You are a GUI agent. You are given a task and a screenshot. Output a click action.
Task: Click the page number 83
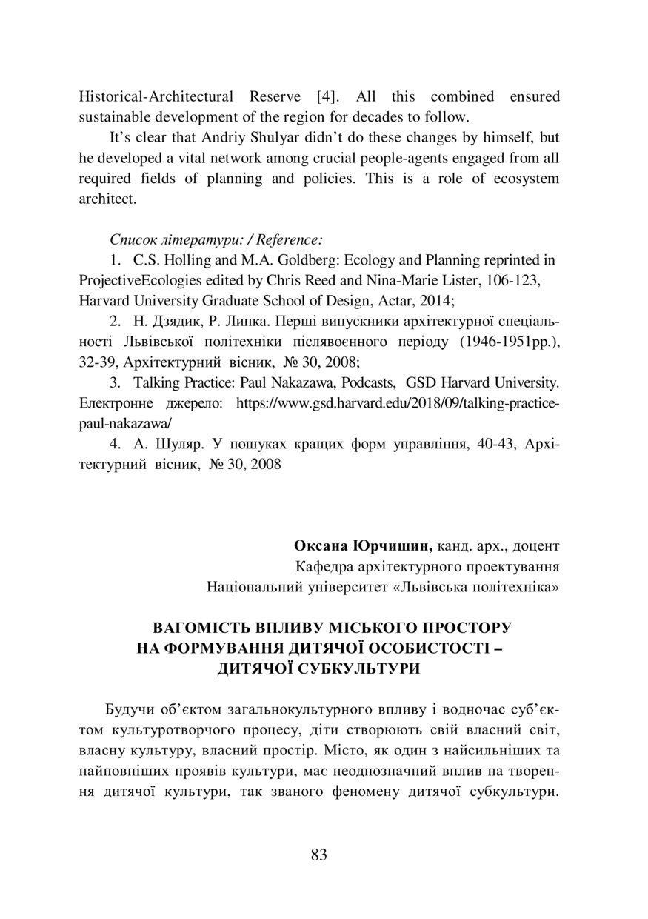point(319,855)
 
